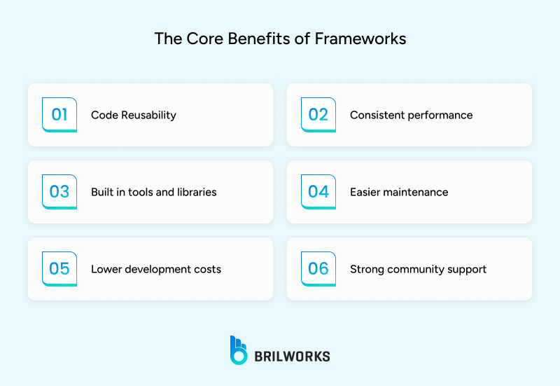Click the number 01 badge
click(59, 115)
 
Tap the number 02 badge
click(318, 115)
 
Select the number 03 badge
click(59, 192)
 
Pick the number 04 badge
click(318, 192)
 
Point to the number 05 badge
click(59, 269)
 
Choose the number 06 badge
click(318, 269)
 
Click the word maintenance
click(416, 192)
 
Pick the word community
click(419, 269)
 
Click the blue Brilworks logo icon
click(239, 350)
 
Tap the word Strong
click(366, 269)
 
